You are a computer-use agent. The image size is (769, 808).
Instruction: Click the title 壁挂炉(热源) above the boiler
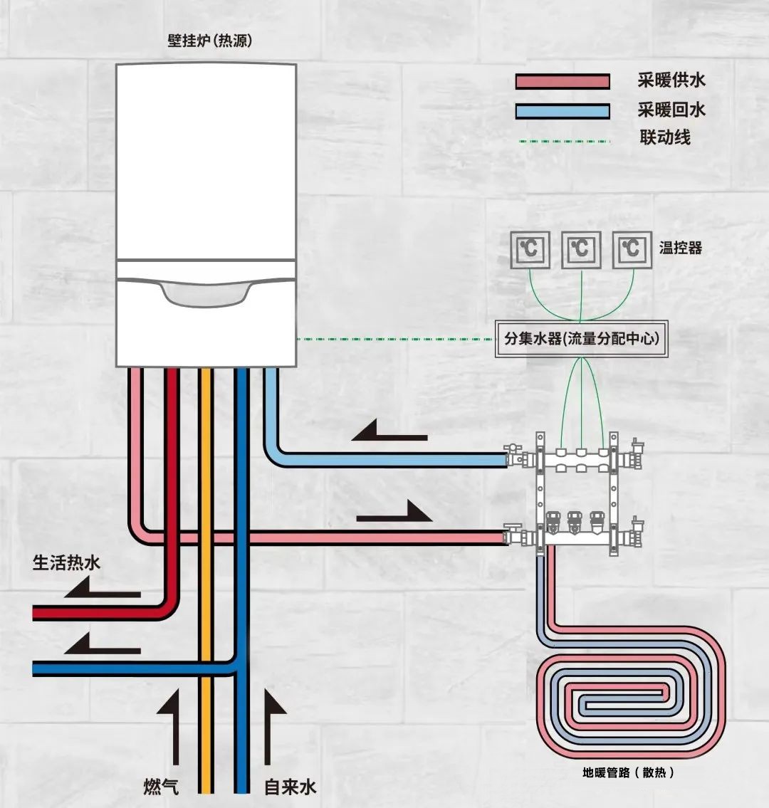click(209, 41)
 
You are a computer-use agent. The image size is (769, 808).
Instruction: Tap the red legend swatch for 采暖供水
click(563, 81)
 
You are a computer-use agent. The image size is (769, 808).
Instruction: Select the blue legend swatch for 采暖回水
click(563, 111)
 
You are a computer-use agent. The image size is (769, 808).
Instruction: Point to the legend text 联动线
click(665, 137)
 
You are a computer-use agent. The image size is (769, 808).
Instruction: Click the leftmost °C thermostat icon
click(530, 250)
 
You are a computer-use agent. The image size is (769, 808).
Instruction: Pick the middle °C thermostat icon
click(581, 250)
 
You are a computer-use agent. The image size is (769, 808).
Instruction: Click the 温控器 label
click(681, 248)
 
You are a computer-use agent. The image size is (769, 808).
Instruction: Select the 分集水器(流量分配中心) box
click(582, 339)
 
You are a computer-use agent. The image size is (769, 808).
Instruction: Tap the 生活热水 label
click(67, 563)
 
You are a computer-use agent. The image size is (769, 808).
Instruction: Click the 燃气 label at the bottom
click(160, 787)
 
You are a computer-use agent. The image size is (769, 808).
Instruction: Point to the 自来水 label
click(290, 787)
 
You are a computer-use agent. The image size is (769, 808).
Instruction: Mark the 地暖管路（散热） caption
click(629, 772)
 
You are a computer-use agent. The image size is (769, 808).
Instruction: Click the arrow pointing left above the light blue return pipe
click(389, 431)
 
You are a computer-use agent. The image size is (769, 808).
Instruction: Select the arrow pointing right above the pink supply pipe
click(394, 512)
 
